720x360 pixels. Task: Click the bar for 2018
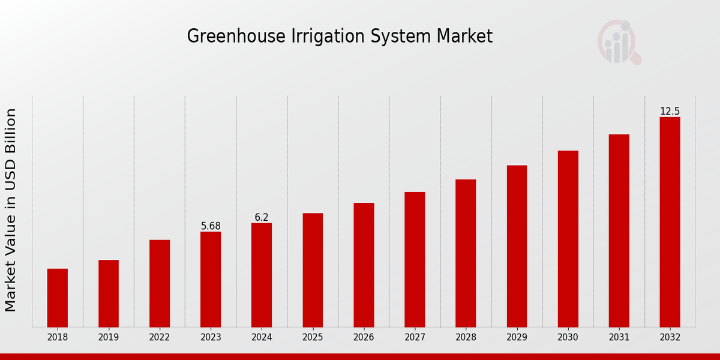point(58,298)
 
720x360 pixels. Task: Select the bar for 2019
point(109,293)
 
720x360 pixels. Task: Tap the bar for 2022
point(160,283)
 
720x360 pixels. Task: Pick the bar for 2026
point(364,265)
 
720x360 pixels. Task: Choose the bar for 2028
point(466,253)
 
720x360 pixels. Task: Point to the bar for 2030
point(568,239)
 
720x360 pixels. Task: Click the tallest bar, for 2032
point(670,222)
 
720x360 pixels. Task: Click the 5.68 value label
point(211,226)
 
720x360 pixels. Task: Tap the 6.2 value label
point(262,217)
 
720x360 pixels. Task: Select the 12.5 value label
point(670,112)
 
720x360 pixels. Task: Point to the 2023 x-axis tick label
point(211,338)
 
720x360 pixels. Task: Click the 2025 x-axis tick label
point(313,338)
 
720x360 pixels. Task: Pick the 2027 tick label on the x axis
point(415,338)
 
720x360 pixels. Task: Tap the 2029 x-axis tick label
point(517,338)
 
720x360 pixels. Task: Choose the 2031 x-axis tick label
point(619,338)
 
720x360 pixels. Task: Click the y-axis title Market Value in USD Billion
point(11,210)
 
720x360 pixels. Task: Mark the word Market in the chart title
point(465,36)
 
